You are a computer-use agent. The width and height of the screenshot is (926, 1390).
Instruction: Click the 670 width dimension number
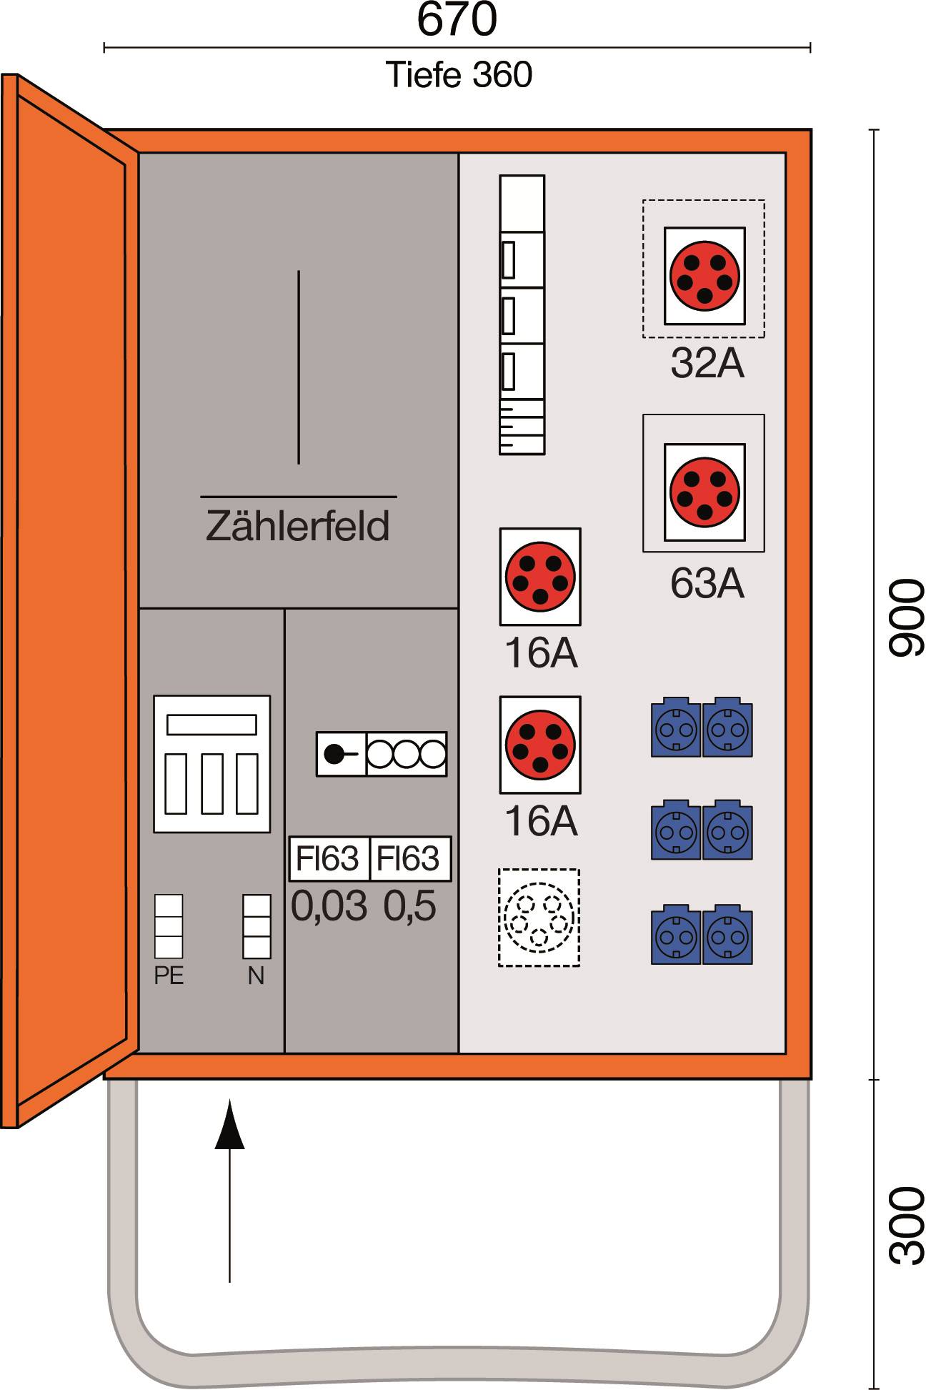tap(457, 19)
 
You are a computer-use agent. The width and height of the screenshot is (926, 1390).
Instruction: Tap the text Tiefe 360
tap(459, 75)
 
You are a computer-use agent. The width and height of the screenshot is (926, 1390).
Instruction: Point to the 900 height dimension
tap(906, 617)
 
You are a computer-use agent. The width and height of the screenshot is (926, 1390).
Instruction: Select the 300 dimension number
tap(906, 1225)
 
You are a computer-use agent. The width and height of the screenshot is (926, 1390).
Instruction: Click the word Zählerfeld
tap(298, 526)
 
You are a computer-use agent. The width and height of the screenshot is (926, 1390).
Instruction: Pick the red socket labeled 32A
tap(705, 276)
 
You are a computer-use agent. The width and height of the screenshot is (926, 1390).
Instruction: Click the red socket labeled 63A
tap(705, 492)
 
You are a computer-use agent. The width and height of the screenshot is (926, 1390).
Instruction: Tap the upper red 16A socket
tap(540, 577)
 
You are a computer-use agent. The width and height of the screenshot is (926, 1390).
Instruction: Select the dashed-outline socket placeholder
tap(539, 918)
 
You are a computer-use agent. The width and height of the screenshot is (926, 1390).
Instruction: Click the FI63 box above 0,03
tap(328, 858)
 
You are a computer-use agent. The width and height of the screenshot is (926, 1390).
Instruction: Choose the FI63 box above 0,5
tap(409, 858)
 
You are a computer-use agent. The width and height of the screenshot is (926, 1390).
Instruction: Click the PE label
tap(169, 976)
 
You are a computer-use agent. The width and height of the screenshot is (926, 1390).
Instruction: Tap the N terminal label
tap(256, 976)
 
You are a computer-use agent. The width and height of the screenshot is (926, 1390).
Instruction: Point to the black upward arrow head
tap(229, 1126)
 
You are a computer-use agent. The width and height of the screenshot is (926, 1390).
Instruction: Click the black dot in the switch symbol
tap(334, 754)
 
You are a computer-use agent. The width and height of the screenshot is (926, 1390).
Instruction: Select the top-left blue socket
tap(675, 728)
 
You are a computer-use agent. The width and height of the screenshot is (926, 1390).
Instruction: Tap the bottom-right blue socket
tap(727, 935)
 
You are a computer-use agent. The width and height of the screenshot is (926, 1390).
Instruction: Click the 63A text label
tap(707, 584)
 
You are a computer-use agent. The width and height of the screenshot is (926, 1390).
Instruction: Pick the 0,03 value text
tap(329, 906)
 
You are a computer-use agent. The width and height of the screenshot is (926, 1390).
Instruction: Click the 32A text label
tap(707, 363)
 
